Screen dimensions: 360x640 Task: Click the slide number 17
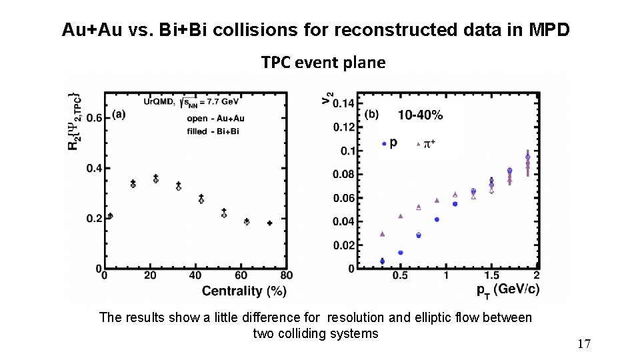click(x=584, y=344)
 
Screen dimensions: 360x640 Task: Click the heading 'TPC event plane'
click(x=323, y=63)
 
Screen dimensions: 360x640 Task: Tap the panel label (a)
click(x=119, y=115)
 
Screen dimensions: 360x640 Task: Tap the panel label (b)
click(x=371, y=114)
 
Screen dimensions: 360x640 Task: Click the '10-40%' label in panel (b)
click(x=420, y=115)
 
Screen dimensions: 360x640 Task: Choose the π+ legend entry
click(x=427, y=143)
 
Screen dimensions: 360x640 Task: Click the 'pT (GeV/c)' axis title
click(x=508, y=289)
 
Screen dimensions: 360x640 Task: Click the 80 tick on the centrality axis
click(x=286, y=275)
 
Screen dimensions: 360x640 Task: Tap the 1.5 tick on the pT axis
click(x=491, y=275)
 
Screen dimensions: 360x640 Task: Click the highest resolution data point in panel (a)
click(x=155, y=178)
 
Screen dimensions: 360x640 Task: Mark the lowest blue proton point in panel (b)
click(x=382, y=261)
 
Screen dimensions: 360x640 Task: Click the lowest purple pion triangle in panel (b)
click(x=382, y=234)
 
